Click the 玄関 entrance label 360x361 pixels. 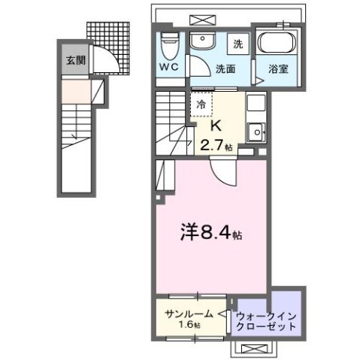pos(73,61)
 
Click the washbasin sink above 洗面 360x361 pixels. pos(201,41)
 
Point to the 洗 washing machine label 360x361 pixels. pos(236,44)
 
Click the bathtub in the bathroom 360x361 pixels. pos(277,43)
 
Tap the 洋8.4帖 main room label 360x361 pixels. pos(211,233)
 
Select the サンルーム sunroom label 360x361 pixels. pos(186,314)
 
